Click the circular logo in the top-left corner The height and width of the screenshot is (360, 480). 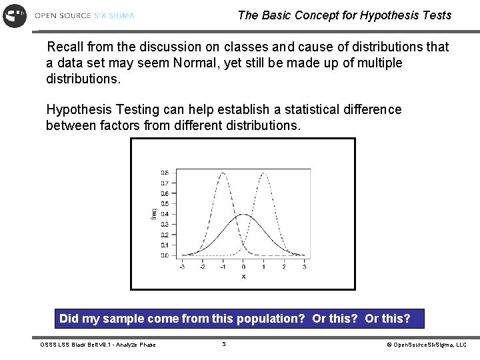[x=15, y=15]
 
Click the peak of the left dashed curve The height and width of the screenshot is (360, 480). [x=223, y=173]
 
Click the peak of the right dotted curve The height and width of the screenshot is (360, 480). [x=265, y=173]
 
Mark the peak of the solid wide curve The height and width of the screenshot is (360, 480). [x=243, y=215]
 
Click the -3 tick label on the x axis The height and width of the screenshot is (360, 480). [x=182, y=267]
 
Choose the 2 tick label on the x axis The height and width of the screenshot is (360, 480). [x=284, y=267]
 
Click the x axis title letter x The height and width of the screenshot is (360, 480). [x=243, y=276]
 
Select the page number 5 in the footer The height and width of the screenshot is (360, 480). [x=224, y=345]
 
